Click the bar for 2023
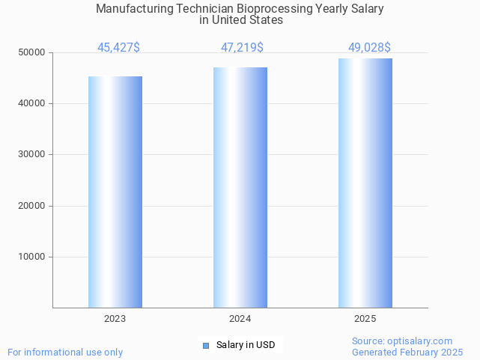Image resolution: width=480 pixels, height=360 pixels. click(115, 192)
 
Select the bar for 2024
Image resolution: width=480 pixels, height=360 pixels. click(240, 187)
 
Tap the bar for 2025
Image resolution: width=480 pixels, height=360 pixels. click(365, 183)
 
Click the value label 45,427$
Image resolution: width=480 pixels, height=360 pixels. click(118, 48)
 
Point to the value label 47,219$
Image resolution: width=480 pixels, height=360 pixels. click(242, 48)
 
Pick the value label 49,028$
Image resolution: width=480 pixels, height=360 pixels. click(369, 48)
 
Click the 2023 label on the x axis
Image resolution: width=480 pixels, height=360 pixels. click(115, 319)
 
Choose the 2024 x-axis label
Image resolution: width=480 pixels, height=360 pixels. click(240, 319)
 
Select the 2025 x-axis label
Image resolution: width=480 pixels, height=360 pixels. click(365, 319)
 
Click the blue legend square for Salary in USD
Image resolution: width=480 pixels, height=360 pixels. click(206, 345)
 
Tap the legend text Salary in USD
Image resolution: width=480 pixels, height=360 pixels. click(246, 345)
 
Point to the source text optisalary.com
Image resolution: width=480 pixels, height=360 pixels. click(420, 341)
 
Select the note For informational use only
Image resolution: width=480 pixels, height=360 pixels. click(65, 352)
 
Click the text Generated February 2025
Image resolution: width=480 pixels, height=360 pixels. click(407, 352)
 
